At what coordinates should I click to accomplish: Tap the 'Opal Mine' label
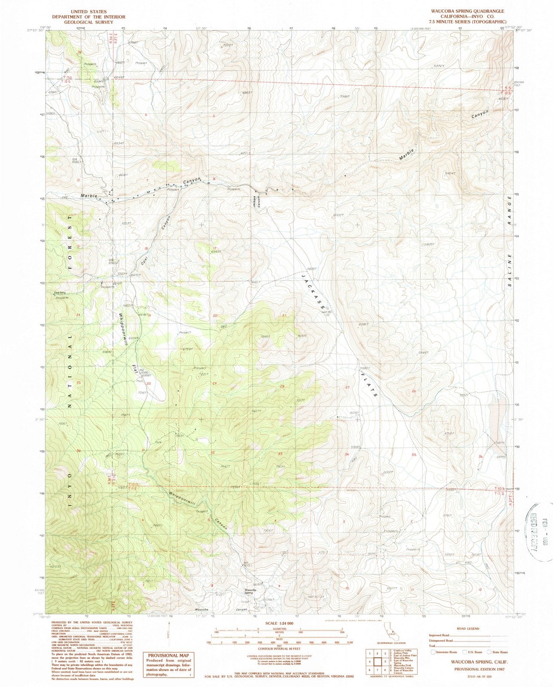(60, 293)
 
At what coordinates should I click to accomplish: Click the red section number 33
(280, 454)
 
